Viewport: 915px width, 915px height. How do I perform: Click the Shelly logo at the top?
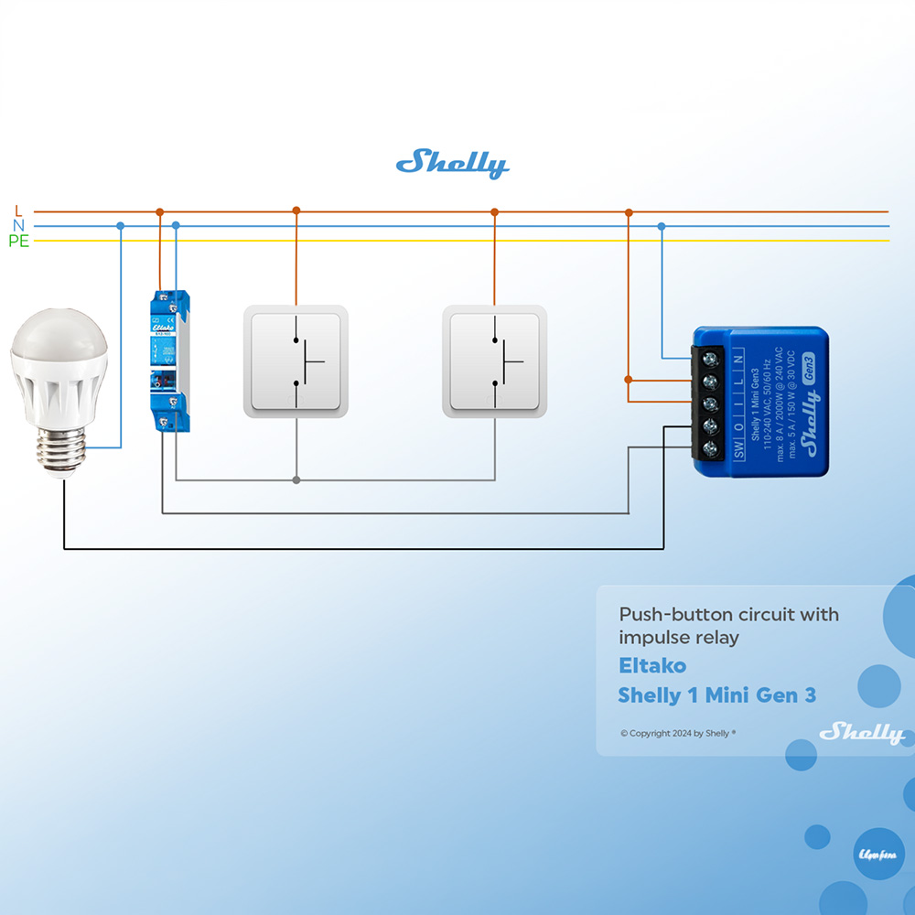452,165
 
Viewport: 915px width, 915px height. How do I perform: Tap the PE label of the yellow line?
18,242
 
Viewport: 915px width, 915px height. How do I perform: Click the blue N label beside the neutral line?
18,226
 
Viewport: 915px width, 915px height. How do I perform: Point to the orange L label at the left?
19,211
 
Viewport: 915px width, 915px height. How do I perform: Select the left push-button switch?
296,361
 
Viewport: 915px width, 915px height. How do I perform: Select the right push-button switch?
494,361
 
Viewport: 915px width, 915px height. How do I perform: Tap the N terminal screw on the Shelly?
709,359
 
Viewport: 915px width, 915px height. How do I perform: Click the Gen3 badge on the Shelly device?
808,367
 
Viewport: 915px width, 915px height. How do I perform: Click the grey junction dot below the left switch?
296,479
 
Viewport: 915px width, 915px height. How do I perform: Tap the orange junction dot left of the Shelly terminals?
629,379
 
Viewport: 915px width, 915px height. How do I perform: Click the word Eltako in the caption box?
651,665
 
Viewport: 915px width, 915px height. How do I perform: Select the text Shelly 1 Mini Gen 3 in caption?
716,694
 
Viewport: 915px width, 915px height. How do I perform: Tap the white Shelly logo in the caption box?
861,733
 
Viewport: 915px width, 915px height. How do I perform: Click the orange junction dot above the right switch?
494,211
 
